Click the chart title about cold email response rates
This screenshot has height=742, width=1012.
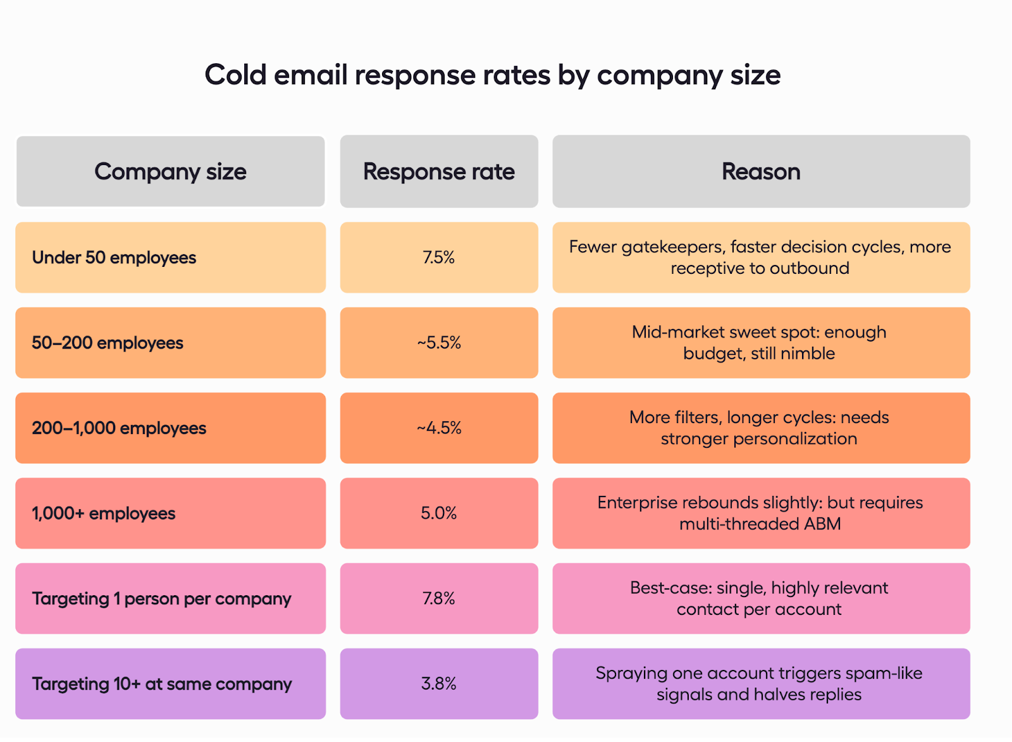(x=492, y=75)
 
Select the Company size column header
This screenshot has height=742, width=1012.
(x=170, y=171)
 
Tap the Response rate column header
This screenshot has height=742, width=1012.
(x=439, y=171)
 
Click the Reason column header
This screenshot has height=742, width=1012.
(x=761, y=171)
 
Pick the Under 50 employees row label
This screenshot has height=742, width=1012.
(x=114, y=257)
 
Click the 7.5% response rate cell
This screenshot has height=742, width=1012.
(x=439, y=257)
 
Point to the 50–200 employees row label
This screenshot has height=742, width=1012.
(x=108, y=343)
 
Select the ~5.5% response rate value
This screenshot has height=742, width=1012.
(x=439, y=343)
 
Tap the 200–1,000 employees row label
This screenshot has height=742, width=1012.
(x=119, y=428)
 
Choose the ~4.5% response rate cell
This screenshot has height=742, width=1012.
(x=439, y=428)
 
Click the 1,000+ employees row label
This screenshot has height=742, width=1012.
(x=104, y=513)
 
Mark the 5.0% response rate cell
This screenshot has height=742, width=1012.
(x=439, y=513)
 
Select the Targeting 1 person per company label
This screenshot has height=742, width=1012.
(x=162, y=598)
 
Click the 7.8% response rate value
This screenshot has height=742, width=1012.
(x=439, y=598)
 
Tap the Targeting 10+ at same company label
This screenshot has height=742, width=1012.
(x=162, y=684)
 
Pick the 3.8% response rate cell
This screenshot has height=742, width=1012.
(x=439, y=684)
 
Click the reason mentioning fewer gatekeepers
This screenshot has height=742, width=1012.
(x=760, y=257)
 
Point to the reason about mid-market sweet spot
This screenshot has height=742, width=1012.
(x=759, y=343)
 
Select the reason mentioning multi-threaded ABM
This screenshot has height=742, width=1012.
(x=760, y=513)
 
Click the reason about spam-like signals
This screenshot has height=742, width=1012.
(x=759, y=684)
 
